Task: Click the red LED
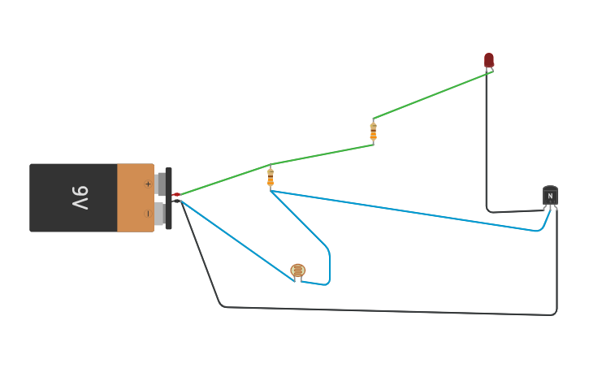[489, 60]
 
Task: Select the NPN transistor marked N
[550, 196]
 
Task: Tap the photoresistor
[298, 271]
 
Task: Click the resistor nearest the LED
[373, 131]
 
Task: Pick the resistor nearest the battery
[271, 177]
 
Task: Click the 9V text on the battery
[80, 197]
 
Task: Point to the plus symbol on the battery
[148, 184]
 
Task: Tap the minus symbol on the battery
[148, 214]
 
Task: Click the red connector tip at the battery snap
[176, 195]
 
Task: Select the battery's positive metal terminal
[160, 184]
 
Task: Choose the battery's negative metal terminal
[160, 214]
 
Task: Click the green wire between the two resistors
[322, 154]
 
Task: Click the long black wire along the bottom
[390, 311]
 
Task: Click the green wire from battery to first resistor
[223, 181]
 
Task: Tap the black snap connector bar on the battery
[169, 198]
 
